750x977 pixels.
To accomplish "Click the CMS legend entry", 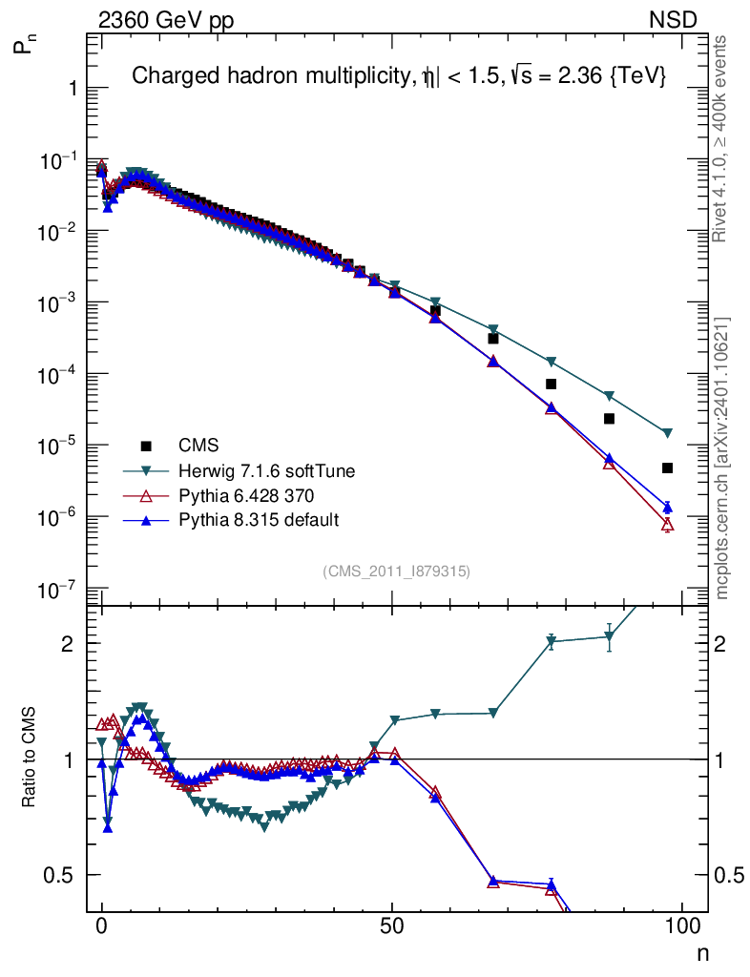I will [x=198, y=446].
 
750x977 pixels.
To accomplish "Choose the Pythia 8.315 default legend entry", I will [x=251, y=520].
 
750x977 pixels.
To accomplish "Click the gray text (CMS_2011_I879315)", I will [x=397, y=571].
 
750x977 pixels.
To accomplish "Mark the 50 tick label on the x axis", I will [x=392, y=926].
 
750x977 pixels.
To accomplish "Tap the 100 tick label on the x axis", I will [x=682, y=926].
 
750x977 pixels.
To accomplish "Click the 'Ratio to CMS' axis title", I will [x=29, y=759].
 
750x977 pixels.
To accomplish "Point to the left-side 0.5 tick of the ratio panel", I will [x=66, y=875].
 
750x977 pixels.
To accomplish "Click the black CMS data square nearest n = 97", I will [x=667, y=468].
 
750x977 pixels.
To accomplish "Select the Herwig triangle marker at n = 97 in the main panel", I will [x=667, y=433].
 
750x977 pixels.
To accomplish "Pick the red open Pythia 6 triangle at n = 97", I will [x=667, y=525].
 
